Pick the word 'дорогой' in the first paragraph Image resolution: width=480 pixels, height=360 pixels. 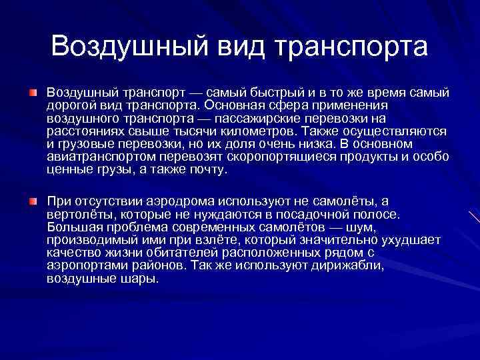[x=69, y=105]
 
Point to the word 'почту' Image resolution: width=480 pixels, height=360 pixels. [x=208, y=169]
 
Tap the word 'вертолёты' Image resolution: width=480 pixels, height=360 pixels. [x=77, y=215]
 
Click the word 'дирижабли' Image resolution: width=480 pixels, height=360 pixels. [x=351, y=266]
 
